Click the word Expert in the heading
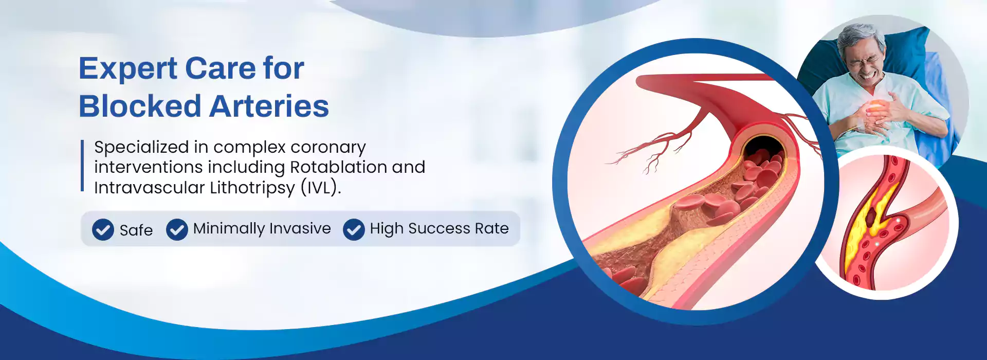[x=128, y=69]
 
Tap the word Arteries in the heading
[x=269, y=106]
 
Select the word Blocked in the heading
[x=139, y=106]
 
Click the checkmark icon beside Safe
[x=103, y=229]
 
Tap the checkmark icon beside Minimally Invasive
[x=177, y=229]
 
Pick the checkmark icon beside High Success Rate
[x=354, y=229]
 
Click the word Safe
[x=136, y=230]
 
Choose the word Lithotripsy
[x=252, y=188]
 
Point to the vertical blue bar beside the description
[x=82, y=166]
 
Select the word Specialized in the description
[x=141, y=148]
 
